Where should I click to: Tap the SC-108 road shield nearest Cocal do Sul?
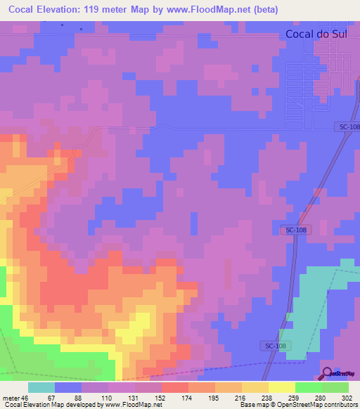pyautogui.click(x=346, y=126)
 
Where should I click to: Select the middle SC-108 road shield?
pyautogui.click(x=295, y=231)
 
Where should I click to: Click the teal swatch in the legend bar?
pyautogui.click(x=41, y=387)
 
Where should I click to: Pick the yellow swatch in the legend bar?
pyautogui.click(x=281, y=387)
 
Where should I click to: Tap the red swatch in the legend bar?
pyautogui.click(x=174, y=387)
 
